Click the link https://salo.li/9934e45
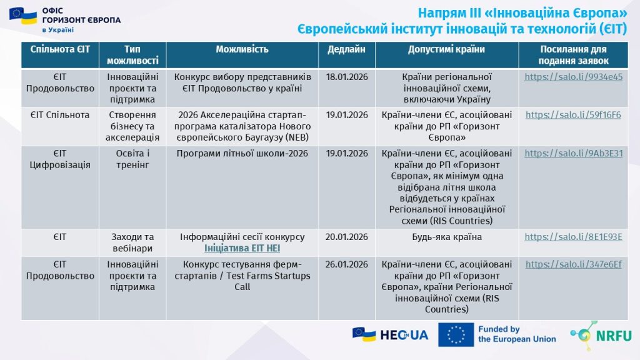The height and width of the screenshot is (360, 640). (x=573, y=77)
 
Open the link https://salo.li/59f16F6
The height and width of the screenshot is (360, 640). (x=573, y=115)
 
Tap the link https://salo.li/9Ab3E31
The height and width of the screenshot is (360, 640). (x=573, y=153)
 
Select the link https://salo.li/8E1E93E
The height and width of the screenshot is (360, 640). (x=573, y=237)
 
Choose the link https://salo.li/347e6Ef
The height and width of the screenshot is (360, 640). (x=573, y=264)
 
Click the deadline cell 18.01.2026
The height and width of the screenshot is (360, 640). (x=347, y=77)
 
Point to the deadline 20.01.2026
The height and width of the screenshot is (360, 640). (x=347, y=237)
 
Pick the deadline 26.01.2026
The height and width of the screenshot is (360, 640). (x=347, y=264)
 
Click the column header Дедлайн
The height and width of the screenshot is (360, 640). (x=346, y=49)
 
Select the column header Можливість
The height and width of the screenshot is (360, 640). (x=242, y=49)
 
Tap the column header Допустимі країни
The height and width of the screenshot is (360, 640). (x=446, y=49)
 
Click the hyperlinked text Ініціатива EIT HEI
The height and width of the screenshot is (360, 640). (x=242, y=248)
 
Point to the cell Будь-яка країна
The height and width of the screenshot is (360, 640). (x=446, y=237)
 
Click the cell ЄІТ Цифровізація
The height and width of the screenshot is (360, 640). (x=60, y=159)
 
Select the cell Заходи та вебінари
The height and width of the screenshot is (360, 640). (x=132, y=242)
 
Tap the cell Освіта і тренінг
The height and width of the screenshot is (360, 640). (x=132, y=159)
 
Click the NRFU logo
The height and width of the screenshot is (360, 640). (x=601, y=336)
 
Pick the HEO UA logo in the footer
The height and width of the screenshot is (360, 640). (x=391, y=335)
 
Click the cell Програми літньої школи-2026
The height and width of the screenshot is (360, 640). (x=242, y=153)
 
